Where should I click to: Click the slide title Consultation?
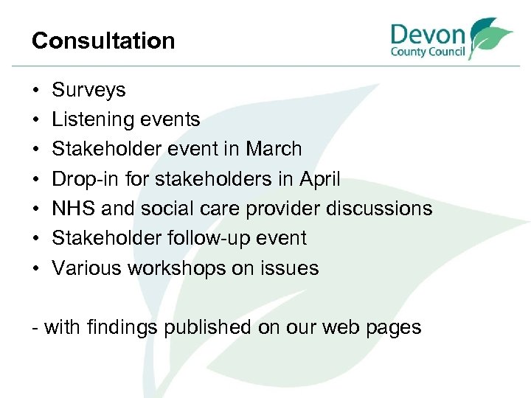pyautogui.click(x=103, y=41)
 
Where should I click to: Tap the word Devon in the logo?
pyautogui.click(x=428, y=34)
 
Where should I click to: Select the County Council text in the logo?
pyautogui.click(x=428, y=52)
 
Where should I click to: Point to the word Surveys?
pyautogui.click(x=88, y=90)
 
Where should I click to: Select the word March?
pyautogui.click(x=274, y=149)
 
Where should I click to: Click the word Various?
pyautogui.click(x=87, y=268)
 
